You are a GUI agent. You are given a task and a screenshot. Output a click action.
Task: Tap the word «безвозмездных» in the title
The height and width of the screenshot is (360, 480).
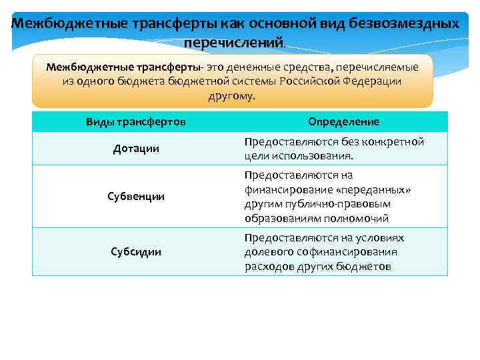click(405, 23)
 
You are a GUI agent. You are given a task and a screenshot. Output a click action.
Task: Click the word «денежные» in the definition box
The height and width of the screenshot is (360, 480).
click(259, 67)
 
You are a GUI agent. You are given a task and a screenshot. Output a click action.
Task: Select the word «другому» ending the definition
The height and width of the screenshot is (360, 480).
click(231, 96)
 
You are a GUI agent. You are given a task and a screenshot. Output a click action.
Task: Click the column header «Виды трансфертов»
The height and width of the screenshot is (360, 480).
click(136, 121)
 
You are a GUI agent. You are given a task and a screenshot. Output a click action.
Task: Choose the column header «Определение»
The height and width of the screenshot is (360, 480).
click(344, 121)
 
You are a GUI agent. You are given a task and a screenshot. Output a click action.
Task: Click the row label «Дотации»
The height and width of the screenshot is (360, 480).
click(136, 148)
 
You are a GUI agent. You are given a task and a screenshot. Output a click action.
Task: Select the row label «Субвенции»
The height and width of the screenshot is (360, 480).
click(136, 197)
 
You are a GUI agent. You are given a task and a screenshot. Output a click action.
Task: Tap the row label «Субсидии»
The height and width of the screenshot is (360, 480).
click(136, 251)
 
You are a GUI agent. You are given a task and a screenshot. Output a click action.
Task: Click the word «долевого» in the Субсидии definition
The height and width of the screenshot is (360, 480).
click(267, 251)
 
